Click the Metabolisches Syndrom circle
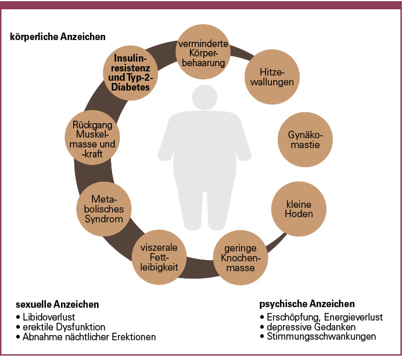pos(103,208)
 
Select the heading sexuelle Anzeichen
pos(57,304)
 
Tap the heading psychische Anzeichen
pos(307,304)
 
